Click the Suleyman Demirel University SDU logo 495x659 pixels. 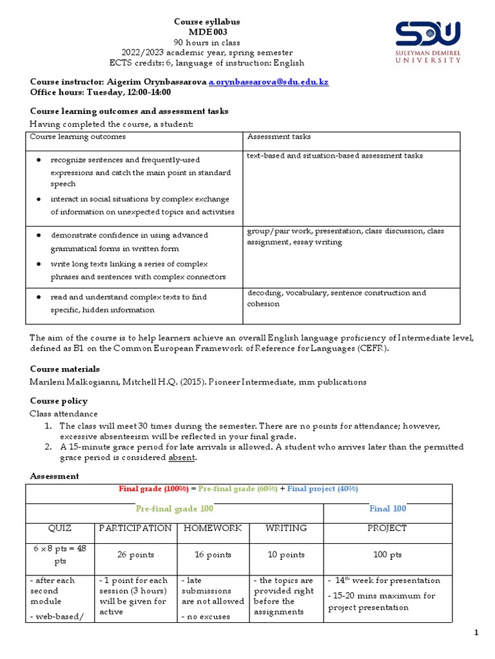coord(427,41)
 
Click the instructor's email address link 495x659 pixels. coord(268,82)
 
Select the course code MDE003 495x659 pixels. coord(208,32)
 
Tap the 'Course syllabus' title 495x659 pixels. coord(208,22)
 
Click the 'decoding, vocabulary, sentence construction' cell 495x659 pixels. coord(336,298)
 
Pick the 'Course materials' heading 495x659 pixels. coord(65,369)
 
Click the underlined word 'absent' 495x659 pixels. coord(181,458)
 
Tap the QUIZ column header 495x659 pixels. coord(60,528)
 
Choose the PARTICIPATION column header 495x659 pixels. coord(135,528)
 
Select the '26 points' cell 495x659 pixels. coord(135,554)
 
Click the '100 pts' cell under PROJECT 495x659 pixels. coord(387,554)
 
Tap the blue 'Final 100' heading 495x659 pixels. coord(387,508)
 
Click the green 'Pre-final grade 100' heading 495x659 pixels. coord(174,508)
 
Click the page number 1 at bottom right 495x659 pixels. coord(476,634)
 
